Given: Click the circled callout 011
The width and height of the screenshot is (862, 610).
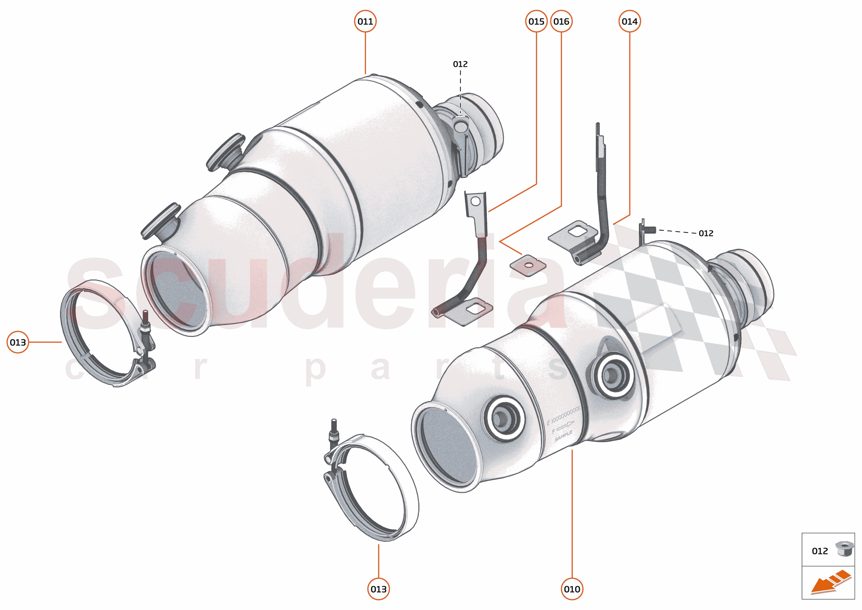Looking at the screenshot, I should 365,21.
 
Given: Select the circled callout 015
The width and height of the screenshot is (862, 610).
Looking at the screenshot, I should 536,21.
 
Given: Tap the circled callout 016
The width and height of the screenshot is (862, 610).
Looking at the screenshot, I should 561,21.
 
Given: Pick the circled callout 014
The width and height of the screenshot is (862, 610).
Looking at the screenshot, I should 630,21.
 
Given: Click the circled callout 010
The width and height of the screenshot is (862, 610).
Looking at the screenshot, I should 572,589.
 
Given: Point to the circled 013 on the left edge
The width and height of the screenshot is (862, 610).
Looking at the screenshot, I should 18,342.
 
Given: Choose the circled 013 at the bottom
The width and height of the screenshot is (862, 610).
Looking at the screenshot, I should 378,589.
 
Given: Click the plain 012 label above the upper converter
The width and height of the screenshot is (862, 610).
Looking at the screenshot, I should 460,64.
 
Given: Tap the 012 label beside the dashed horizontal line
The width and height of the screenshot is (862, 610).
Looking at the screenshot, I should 706,233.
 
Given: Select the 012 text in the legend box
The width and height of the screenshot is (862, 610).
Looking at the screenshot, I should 820,551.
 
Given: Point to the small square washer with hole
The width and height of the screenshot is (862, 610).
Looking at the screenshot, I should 528,266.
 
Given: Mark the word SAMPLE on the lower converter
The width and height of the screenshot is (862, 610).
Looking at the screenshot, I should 563,436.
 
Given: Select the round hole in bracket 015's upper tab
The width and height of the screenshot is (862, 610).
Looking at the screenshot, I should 475,201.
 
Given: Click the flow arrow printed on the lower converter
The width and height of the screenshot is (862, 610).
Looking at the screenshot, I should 565,426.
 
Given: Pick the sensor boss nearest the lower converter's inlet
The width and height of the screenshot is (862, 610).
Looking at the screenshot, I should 503,418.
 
